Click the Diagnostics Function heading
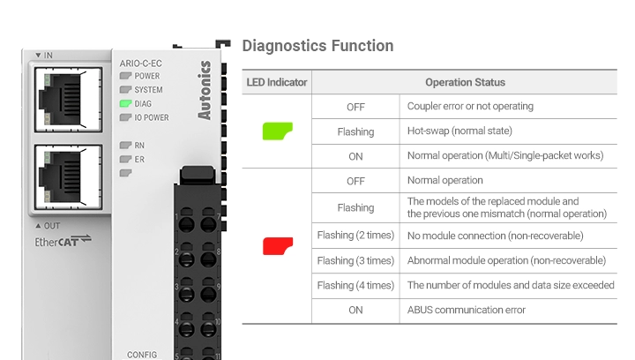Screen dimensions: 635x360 coord(317,46)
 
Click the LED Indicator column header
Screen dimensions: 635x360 coord(277,82)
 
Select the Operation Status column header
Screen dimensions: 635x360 coord(465,82)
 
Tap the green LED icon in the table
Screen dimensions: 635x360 coord(278,131)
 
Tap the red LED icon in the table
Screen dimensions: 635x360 coord(278,246)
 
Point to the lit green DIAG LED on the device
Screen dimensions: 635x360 coord(125,103)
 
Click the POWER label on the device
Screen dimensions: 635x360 coord(147,76)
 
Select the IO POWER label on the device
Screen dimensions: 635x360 coord(152,117)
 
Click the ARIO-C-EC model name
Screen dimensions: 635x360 coord(140,64)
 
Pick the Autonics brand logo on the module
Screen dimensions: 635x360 coord(205,90)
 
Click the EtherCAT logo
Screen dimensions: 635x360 coord(63,241)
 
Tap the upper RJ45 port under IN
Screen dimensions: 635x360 coord(68,100)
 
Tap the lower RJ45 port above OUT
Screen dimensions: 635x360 coord(68,177)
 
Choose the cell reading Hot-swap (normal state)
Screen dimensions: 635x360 coord(459,131)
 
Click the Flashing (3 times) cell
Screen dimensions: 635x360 coord(355,260)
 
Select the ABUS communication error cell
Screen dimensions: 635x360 coord(467,310)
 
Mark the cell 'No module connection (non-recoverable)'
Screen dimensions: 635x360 coord(496,236)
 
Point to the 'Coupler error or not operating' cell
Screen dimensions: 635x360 coord(470,106)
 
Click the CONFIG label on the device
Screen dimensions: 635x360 coord(142,355)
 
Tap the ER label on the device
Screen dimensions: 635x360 coord(139,159)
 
